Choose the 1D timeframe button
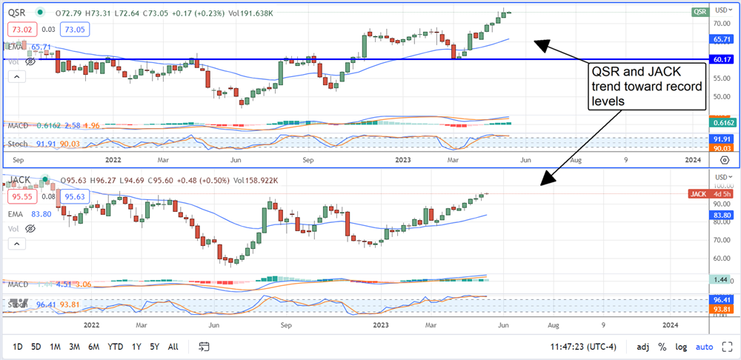pyautogui.click(x=18, y=347)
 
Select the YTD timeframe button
pyautogui.click(x=115, y=347)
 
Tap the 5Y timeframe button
pyautogui.click(x=154, y=347)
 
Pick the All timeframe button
pyautogui.click(x=173, y=347)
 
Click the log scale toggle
pyautogui.click(x=681, y=347)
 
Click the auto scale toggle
pyautogui.click(x=705, y=347)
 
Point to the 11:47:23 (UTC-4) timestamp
pyautogui.click(x=576, y=347)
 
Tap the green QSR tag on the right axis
pyautogui.click(x=700, y=12)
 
